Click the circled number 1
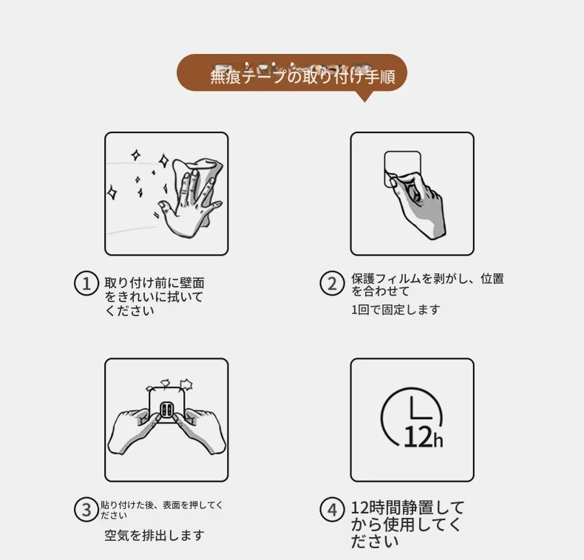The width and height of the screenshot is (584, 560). click(86, 284)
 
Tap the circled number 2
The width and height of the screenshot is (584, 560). click(332, 284)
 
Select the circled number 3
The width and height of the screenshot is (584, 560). click(86, 509)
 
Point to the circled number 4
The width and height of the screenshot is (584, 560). click(332, 509)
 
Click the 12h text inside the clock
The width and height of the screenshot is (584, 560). click(423, 437)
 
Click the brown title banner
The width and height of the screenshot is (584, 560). click(291, 72)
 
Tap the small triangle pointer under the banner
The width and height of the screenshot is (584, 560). click(364, 96)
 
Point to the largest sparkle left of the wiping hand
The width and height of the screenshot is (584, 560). click(164, 161)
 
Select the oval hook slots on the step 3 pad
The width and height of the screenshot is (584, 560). click(166, 410)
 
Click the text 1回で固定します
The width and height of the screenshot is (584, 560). click(395, 310)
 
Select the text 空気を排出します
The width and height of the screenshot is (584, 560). click(155, 536)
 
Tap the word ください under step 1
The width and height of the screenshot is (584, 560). click(129, 310)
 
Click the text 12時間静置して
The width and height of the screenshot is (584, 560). click(407, 508)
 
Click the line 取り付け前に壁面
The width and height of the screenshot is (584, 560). click(155, 283)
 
